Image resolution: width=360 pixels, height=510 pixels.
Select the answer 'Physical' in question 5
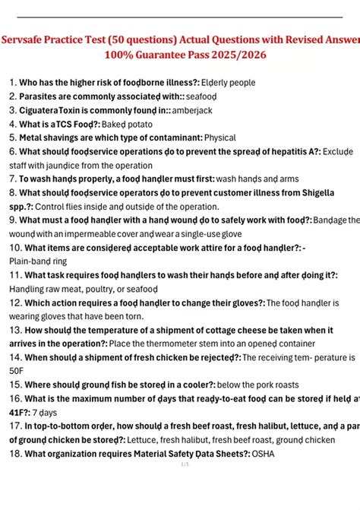(220, 138)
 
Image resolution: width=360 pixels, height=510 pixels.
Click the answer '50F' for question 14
(17, 372)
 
